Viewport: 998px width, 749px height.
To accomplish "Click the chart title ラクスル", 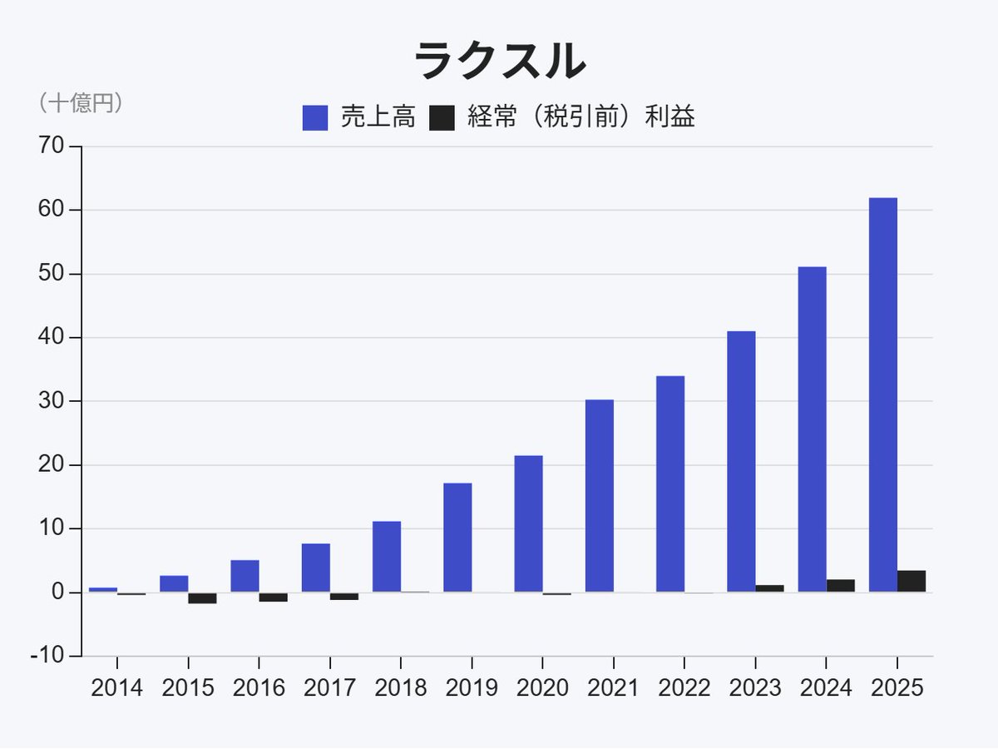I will pyautogui.click(x=499, y=62).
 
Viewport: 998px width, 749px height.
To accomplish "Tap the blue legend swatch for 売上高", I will pyautogui.click(x=315, y=118).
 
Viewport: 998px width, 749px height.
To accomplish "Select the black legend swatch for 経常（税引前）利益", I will pyautogui.click(x=442, y=118).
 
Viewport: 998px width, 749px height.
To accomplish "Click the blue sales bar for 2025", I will pyautogui.click(x=882, y=394).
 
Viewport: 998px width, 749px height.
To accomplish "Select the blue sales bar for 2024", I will pyautogui.click(x=812, y=429).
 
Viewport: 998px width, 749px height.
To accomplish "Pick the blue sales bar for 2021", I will pyautogui.click(x=599, y=496).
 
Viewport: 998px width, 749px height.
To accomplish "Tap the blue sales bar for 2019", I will pyautogui.click(x=457, y=538).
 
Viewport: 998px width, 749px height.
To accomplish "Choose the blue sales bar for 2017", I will pyautogui.click(x=315, y=568).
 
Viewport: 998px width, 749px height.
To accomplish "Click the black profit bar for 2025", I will pyautogui.click(x=912, y=581).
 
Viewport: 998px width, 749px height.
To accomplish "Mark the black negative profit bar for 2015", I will pyautogui.click(x=202, y=598).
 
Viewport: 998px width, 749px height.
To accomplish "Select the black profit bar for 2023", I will pyautogui.click(x=769, y=588).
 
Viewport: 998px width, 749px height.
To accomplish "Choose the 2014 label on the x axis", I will pyautogui.click(x=116, y=688).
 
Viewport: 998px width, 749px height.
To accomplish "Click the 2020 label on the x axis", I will pyautogui.click(x=542, y=688).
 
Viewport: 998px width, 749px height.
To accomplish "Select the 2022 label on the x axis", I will pyautogui.click(x=684, y=688).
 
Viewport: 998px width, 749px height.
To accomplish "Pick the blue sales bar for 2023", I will pyautogui.click(x=741, y=462).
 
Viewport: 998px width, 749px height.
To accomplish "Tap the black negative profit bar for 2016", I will pyautogui.click(x=273, y=597).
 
